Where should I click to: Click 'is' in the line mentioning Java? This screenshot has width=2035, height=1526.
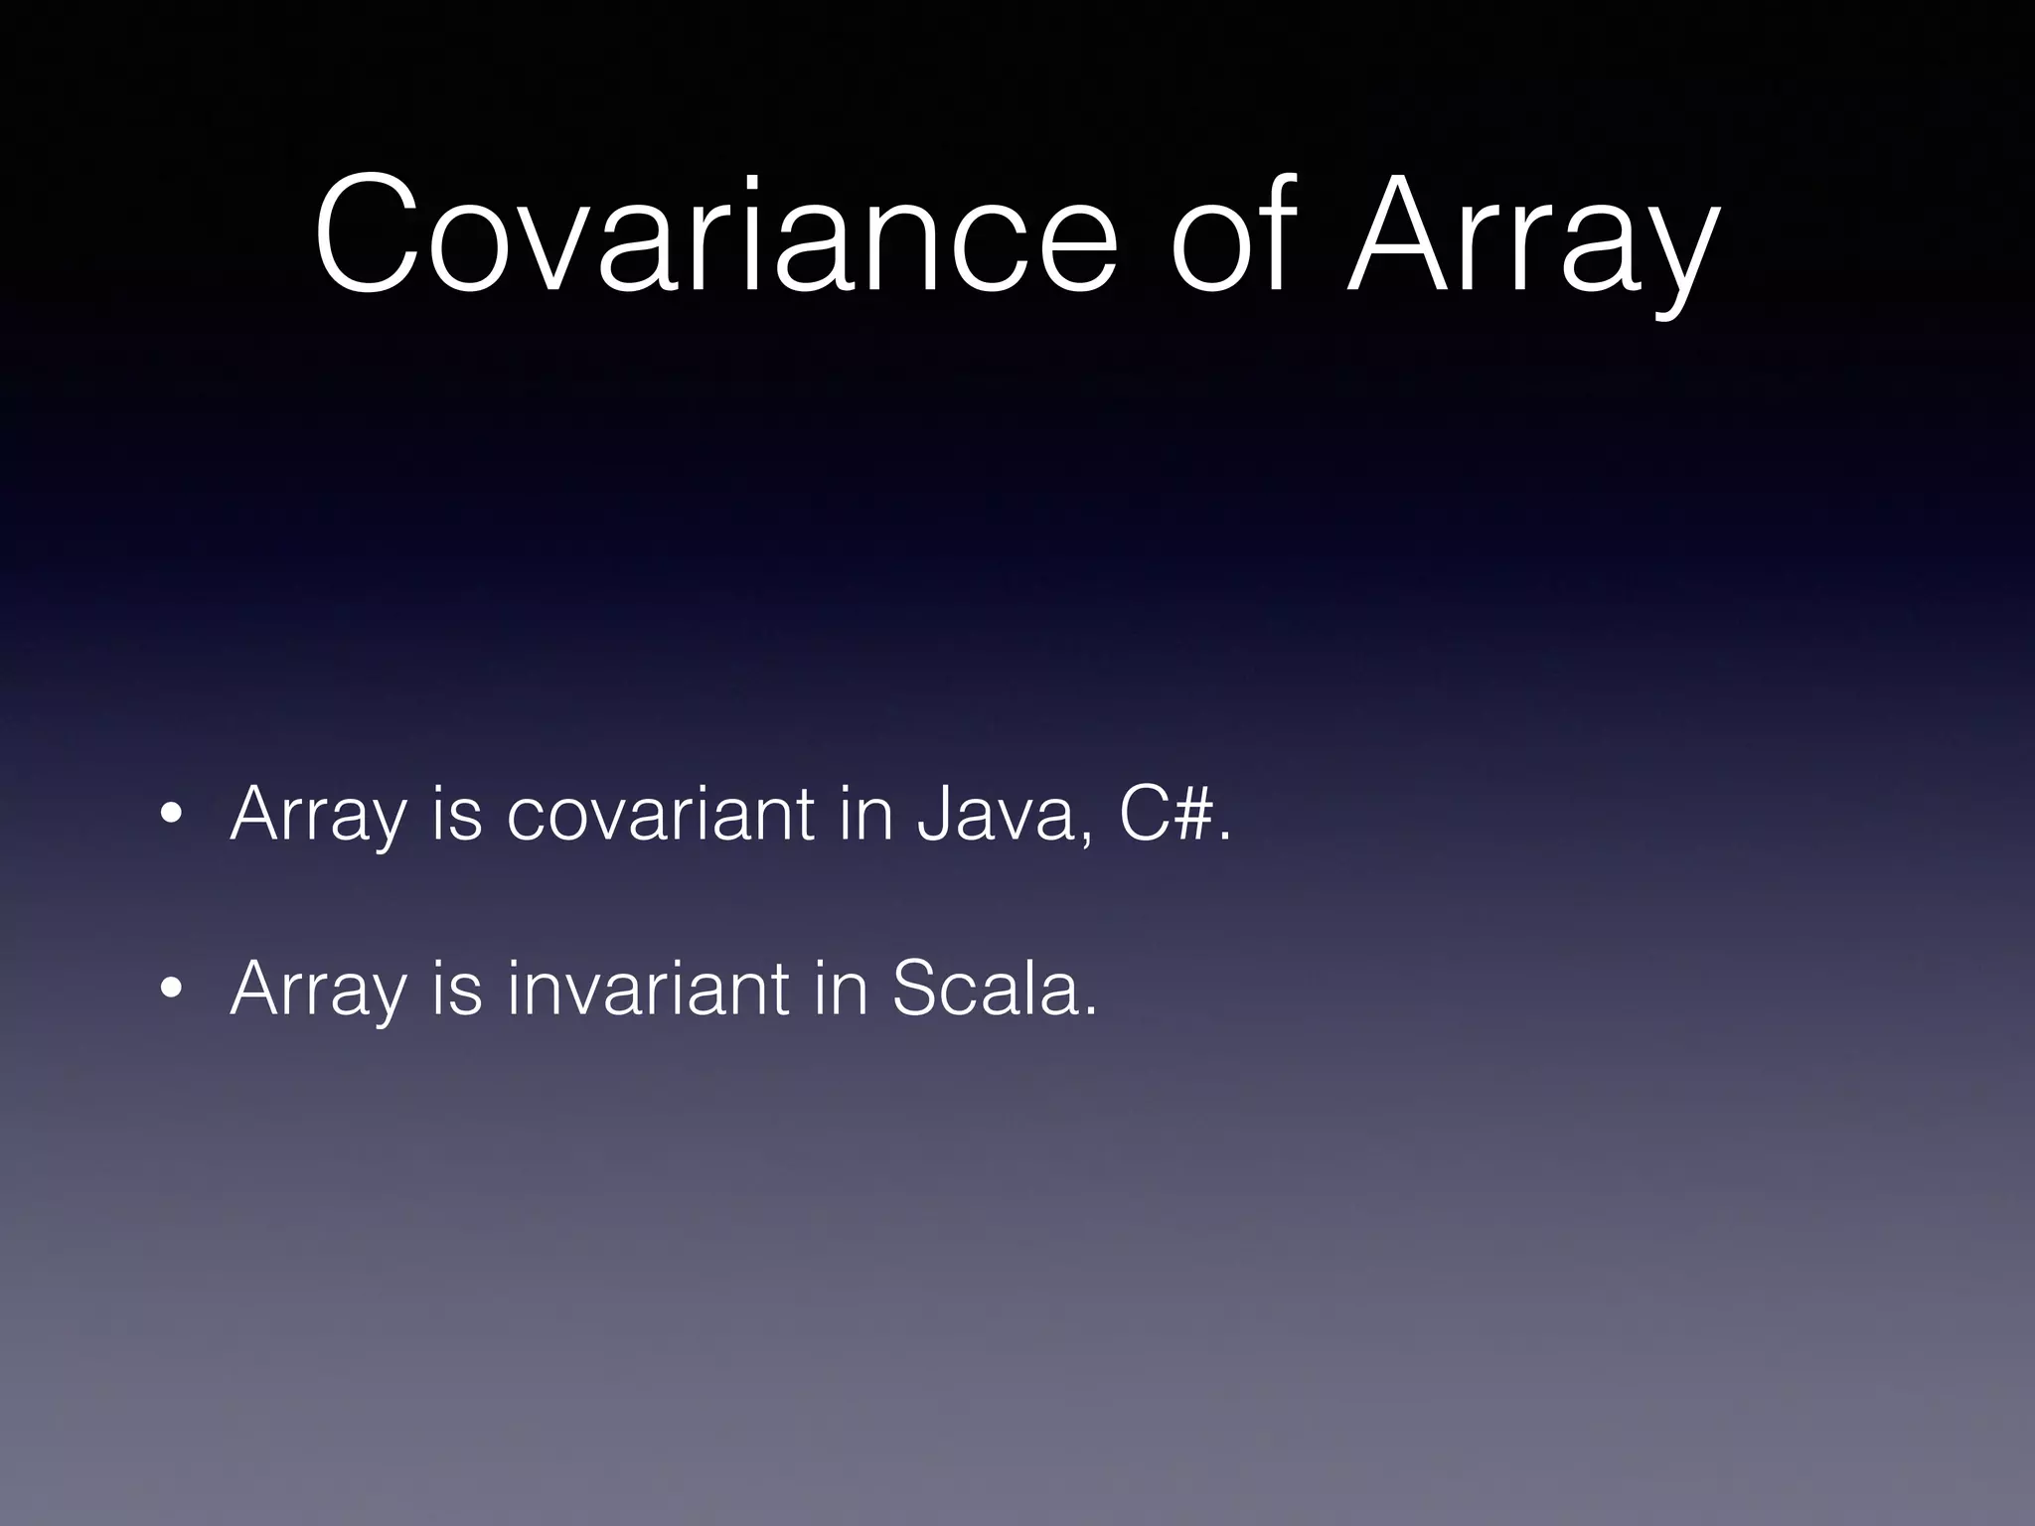456,814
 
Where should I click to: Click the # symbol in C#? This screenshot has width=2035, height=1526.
1191,814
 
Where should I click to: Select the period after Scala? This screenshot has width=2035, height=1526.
1090,1011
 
